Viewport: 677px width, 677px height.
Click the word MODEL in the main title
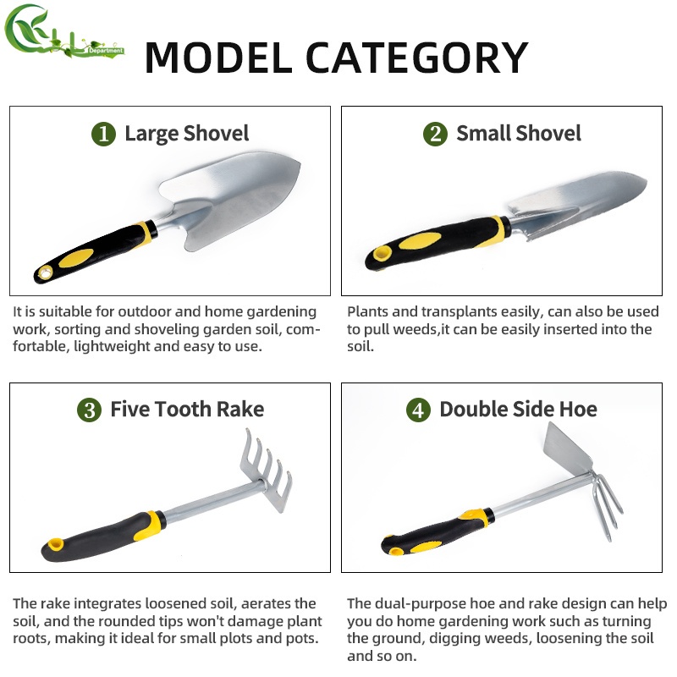coord(217,56)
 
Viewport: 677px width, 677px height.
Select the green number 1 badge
coord(103,134)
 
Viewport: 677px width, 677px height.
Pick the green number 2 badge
coord(435,134)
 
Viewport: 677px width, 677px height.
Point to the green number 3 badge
coord(89,410)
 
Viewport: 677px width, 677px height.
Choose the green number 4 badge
coord(418,410)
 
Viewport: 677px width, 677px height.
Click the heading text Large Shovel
coord(186,134)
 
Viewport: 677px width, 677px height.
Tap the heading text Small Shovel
coord(519,134)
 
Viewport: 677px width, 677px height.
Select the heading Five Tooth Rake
coord(187,410)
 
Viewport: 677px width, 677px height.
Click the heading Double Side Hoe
coord(518,410)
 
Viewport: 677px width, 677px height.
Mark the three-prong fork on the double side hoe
coord(604,508)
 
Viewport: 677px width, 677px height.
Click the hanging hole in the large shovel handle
coord(44,273)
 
